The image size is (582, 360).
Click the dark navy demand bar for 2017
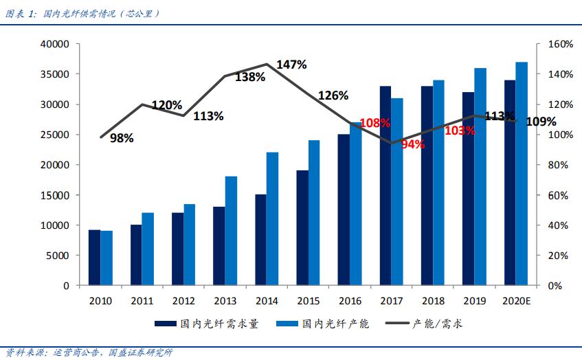pyautogui.click(x=385, y=185)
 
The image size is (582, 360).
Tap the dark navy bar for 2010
pyautogui.click(x=94, y=257)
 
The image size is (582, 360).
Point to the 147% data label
pyautogui.click(x=291, y=65)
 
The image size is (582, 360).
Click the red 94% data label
pyautogui.click(x=413, y=144)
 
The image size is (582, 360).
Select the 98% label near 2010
pyautogui.click(x=122, y=138)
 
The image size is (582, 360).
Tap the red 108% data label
pyautogui.click(x=375, y=123)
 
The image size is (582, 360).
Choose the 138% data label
pyautogui.click(x=250, y=77)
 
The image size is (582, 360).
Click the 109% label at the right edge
pyautogui.click(x=541, y=122)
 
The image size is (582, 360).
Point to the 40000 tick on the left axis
pyautogui.click(x=56, y=44)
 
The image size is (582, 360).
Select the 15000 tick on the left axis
pyautogui.click(x=56, y=195)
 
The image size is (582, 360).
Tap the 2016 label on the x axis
pyautogui.click(x=350, y=300)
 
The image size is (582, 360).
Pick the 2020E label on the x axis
pyautogui.click(x=515, y=300)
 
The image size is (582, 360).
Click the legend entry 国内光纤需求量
pyautogui.click(x=206, y=324)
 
